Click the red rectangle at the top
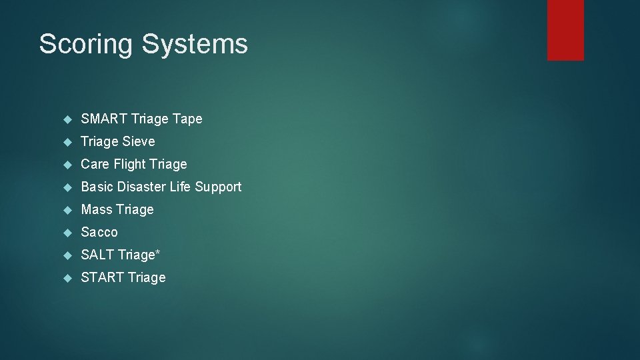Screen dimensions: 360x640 tap(565, 30)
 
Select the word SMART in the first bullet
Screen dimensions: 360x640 tap(105, 119)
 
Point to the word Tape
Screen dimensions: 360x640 tap(187, 119)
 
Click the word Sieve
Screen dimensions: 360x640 tap(138, 141)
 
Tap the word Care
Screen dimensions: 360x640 tap(95, 164)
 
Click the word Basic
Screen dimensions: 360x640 tap(97, 187)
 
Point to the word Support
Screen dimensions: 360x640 tap(218, 187)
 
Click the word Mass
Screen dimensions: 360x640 tap(97, 209)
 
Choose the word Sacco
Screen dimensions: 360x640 tap(99, 232)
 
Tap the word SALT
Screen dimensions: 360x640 tap(97, 255)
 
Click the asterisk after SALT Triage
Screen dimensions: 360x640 tap(158, 253)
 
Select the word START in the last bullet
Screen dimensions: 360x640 tap(101, 277)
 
